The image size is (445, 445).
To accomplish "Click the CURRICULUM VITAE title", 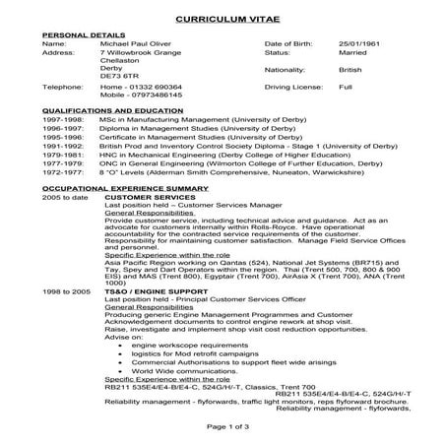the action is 222,19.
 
